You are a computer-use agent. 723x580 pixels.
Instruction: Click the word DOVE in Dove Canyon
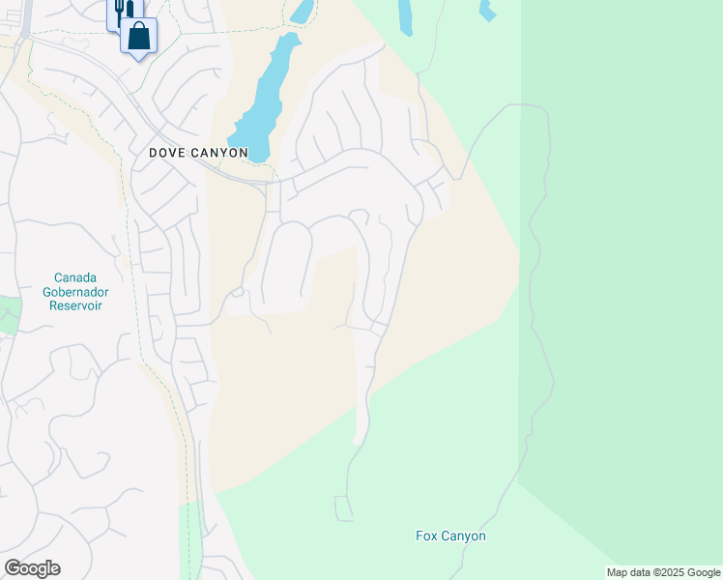click(165, 154)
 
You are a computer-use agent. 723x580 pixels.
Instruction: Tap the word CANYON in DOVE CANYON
click(217, 154)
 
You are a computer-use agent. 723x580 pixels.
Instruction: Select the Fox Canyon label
click(450, 536)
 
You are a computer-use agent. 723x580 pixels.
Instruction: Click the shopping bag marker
click(139, 37)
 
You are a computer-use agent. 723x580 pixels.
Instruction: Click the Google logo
click(32, 568)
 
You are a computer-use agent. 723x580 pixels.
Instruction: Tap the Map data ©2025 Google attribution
click(664, 572)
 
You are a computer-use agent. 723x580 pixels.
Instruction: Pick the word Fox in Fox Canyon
click(426, 536)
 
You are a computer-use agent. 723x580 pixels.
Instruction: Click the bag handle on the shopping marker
click(139, 28)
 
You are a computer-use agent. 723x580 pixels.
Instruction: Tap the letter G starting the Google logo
click(13, 568)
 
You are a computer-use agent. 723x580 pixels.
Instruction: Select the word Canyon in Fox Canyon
click(463, 536)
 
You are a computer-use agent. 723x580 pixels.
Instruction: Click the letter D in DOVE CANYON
click(154, 154)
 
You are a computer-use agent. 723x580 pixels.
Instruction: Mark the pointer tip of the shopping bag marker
click(139, 59)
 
